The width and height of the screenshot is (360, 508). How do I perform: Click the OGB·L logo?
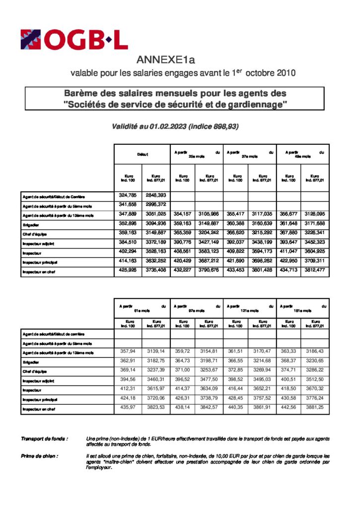(74, 40)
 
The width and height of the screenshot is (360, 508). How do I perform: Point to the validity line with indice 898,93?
(176, 127)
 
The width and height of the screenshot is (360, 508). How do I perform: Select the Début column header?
(143, 155)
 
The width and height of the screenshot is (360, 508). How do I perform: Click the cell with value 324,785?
(129, 195)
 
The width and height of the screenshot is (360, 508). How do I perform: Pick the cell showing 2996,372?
(155, 204)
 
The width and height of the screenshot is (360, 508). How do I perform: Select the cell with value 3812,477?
(315, 271)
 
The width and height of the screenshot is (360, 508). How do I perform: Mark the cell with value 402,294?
(129, 252)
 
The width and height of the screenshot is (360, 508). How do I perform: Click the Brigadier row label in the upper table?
(31, 225)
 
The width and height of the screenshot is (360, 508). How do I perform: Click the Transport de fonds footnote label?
(44, 439)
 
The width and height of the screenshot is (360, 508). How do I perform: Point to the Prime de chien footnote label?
(39, 455)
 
